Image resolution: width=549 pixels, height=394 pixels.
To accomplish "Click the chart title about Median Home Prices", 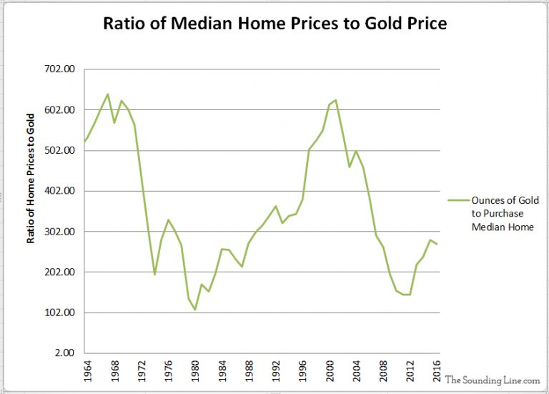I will coord(274,24).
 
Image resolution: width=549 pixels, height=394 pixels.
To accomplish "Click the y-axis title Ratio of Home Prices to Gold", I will coord(31,179).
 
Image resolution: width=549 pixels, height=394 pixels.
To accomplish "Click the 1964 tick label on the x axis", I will coord(87,373).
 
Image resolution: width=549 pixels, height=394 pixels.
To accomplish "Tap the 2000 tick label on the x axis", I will coord(330,373).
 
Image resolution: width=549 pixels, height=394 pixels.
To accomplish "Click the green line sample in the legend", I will coord(457,201).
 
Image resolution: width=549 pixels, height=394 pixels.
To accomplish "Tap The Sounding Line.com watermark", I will coord(491,380).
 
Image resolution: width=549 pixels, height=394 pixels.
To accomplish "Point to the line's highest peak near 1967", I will coord(107,94).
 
